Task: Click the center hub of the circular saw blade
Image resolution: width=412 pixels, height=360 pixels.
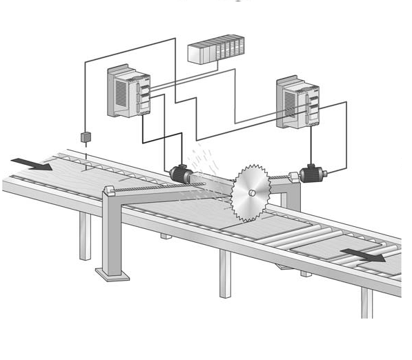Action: tap(253, 192)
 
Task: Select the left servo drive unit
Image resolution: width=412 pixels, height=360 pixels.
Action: tap(128, 91)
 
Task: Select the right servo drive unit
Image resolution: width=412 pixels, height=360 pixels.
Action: tap(298, 103)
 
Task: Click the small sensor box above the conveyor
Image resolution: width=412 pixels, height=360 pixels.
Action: tap(86, 137)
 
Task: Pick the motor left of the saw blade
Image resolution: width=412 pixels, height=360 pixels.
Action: tap(180, 174)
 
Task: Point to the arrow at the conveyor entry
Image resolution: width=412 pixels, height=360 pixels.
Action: tap(31, 163)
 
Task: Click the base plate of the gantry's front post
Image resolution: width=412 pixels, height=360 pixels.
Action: tap(112, 274)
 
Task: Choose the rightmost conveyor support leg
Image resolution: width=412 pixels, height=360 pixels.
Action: tap(366, 302)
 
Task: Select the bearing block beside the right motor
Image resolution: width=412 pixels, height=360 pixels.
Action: tap(293, 178)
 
